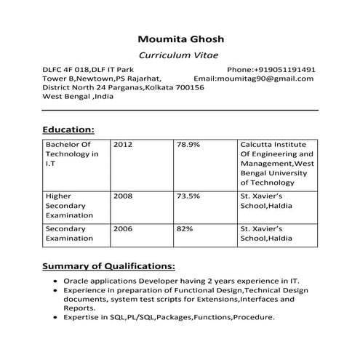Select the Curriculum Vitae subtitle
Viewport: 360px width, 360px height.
[x=183, y=55]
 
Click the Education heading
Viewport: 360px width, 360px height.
[x=68, y=129]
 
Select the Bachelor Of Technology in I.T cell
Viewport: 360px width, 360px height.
[x=72, y=154]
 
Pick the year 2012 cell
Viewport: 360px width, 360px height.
[x=123, y=145]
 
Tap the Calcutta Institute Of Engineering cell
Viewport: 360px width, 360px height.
[x=276, y=164]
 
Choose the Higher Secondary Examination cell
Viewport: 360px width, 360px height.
[x=69, y=205]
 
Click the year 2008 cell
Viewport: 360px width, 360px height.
[x=123, y=196]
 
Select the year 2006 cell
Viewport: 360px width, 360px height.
[x=123, y=228]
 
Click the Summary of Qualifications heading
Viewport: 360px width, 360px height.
[x=108, y=265]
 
